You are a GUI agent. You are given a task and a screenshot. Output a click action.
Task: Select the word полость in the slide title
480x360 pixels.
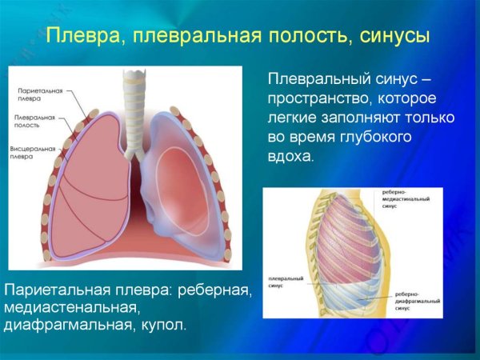pos(299,37)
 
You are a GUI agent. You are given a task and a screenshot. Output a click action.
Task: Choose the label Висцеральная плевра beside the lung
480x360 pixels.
pos(33,153)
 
